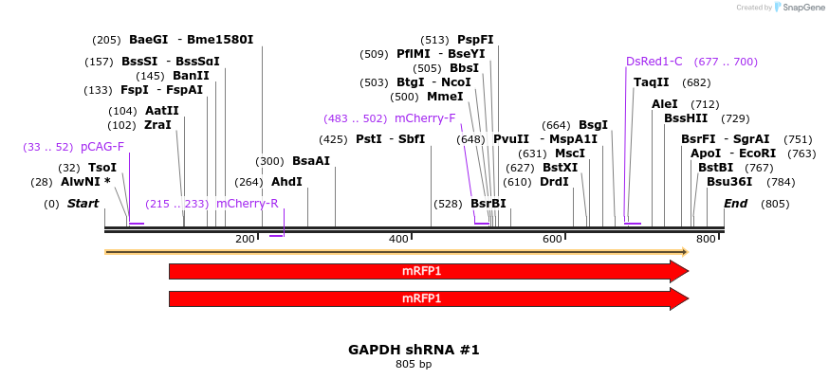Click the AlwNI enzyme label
tap(85, 182)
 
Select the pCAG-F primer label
tap(101, 147)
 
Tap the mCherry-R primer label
tap(247, 204)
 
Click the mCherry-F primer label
tap(425, 118)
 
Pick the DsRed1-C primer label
tap(654, 62)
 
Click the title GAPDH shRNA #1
tap(414, 350)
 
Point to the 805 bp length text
tap(414, 364)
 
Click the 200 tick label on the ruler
tap(245, 240)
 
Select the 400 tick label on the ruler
tap(399, 240)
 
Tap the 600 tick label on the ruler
tap(553, 240)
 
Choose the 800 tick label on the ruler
tap(707, 240)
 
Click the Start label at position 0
tap(83, 204)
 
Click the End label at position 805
tap(736, 204)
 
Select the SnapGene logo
tap(803, 8)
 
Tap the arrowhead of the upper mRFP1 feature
tap(678, 271)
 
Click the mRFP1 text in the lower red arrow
tap(421, 298)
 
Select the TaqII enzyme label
tap(651, 82)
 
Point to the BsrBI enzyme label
tap(488, 204)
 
